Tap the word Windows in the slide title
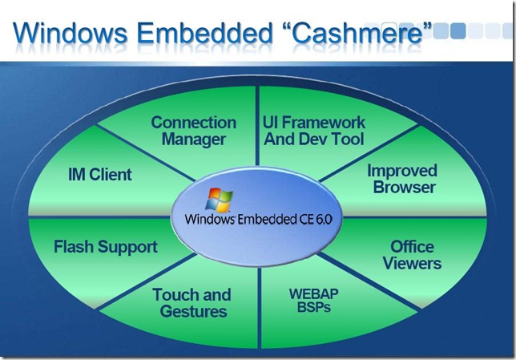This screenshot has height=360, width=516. point(70,33)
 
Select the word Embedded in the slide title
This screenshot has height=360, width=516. point(204,33)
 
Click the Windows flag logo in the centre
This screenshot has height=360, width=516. point(219,200)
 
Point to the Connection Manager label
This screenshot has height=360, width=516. point(194,131)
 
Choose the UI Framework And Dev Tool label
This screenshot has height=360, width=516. point(314,131)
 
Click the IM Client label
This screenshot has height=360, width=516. point(100,175)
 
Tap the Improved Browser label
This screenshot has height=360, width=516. point(402,179)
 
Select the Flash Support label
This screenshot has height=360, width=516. point(106,248)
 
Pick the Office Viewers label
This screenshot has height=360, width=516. point(412,255)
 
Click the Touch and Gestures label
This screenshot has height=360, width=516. point(192,303)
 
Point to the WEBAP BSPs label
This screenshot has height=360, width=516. point(313,301)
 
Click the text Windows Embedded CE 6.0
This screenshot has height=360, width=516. point(259,219)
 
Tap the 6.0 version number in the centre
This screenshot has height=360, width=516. point(325,219)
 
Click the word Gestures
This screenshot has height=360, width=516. point(194,312)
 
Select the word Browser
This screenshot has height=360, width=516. point(405,188)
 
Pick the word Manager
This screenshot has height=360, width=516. point(194,140)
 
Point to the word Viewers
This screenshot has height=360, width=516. point(412,264)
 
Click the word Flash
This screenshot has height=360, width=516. point(74,247)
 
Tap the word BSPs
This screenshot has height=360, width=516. point(314,307)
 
